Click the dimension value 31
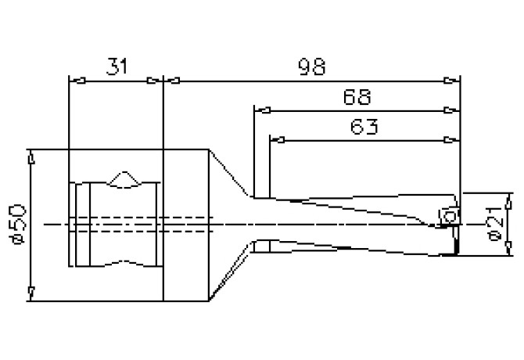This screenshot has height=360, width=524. pos(115,67)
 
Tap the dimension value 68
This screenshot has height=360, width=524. pos(357,97)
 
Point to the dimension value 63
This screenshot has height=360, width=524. pos(361,127)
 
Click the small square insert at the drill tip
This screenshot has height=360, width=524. pos(449,216)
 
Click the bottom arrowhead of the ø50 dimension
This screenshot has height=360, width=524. pos(30,293)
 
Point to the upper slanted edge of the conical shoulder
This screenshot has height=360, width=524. pos(231,173)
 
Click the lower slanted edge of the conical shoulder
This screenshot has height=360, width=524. pos(231,274)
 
